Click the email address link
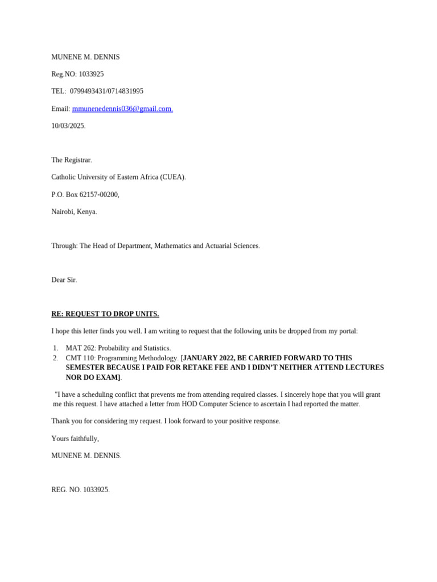pos(122,109)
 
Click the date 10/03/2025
pos(68,126)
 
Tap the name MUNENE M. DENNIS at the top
pos(85,57)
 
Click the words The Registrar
pos(71,160)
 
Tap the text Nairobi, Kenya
pos(74,211)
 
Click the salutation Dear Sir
pos(64,280)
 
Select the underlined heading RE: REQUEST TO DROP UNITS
pos(105,314)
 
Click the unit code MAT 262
pos(79,348)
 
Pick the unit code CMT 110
pos(79,357)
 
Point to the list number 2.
pos(55,357)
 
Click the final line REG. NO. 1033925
pos(80,489)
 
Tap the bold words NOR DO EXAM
pos(92,377)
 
